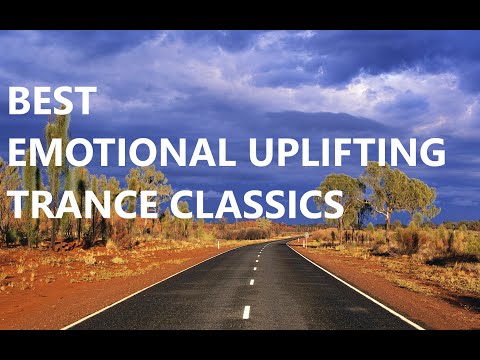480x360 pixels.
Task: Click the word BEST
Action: tap(53, 101)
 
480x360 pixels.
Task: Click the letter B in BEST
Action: tap(19, 101)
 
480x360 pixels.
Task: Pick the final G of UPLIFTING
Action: tap(431, 153)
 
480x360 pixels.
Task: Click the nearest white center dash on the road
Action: tap(246, 312)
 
